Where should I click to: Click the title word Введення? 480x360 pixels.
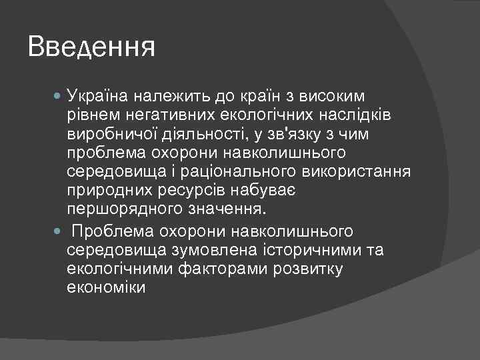click(x=92, y=48)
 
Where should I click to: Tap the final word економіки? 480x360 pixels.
click(x=106, y=288)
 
